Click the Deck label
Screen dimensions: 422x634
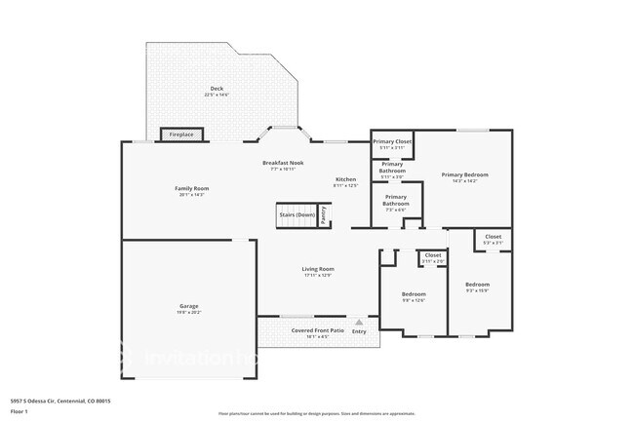[216, 89]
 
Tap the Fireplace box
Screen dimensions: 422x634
[181, 134]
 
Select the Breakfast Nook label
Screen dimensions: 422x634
[282, 162]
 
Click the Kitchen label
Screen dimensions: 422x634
[346, 179]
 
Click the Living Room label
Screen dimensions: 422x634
[318, 269]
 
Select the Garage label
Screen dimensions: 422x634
[188, 307]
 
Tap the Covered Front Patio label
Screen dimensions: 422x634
[318, 330]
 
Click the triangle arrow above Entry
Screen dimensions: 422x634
[360, 321]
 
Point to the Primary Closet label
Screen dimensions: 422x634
[391, 142]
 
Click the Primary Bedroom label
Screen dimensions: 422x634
[464, 174]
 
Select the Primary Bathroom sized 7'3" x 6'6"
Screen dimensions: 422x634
[396, 203]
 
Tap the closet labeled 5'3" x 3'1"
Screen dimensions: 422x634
[493, 236]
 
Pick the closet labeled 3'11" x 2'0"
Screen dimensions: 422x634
[433, 256]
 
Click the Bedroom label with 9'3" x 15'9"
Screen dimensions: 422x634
[477, 284]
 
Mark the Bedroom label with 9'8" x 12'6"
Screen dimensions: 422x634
[414, 293]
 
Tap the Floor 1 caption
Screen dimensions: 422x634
[20, 412]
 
